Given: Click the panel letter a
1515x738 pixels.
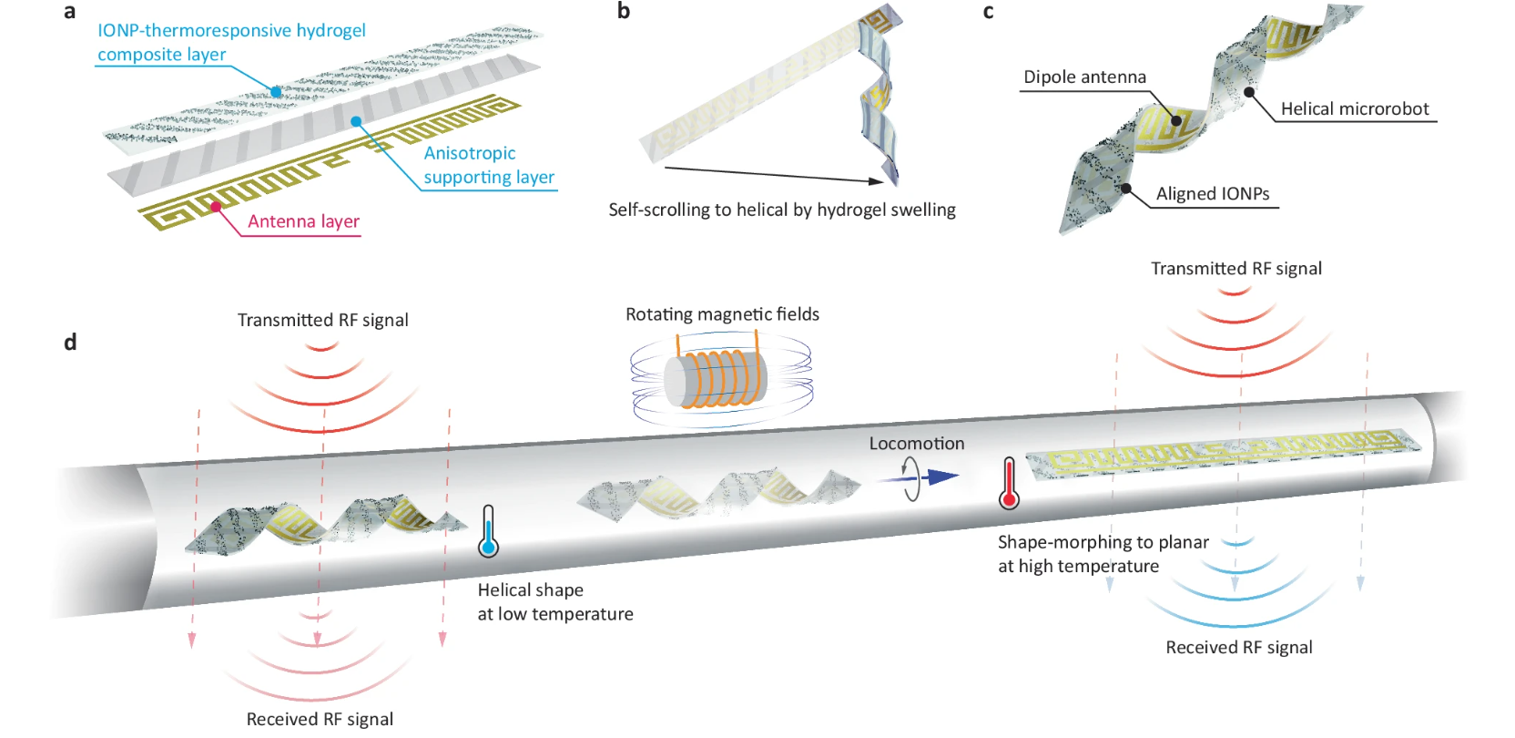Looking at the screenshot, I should (x=69, y=12).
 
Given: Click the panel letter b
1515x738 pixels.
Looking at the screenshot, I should (x=624, y=11).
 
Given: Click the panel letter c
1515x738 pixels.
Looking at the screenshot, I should (x=988, y=12).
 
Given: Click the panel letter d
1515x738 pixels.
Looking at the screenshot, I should (x=70, y=342).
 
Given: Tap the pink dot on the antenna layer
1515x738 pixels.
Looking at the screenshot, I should (x=216, y=207).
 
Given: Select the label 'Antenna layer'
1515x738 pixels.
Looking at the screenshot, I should (x=303, y=221).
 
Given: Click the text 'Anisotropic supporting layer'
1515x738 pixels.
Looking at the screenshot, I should (x=488, y=165).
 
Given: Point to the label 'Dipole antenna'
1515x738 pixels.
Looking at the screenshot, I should (x=1084, y=77).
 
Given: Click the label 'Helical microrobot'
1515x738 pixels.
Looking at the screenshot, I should (x=1355, y=109).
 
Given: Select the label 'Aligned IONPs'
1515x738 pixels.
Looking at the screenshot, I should (x=1213, y=194).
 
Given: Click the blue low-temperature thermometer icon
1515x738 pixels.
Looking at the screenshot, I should (x=488, y=532).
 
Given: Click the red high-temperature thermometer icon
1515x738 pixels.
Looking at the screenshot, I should (x=1008, y=484).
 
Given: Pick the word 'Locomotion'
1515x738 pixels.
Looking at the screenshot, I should (x=916, y=444).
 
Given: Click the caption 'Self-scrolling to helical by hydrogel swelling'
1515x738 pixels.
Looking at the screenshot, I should (x=781, y=210).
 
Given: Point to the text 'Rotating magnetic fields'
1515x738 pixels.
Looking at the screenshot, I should (x=722, y=314).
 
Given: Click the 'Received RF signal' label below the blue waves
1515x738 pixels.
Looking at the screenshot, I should (x=1238, y=648).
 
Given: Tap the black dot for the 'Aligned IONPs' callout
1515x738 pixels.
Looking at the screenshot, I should (x=1126, y=189).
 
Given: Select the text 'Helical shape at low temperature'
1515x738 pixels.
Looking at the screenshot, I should (x=554, y=602).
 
